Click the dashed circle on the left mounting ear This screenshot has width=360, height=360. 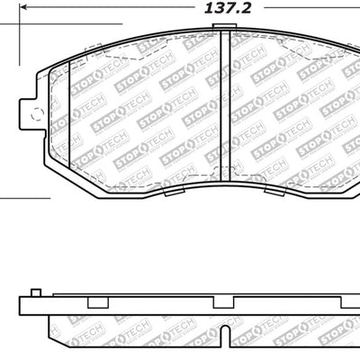click(37, 113)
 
